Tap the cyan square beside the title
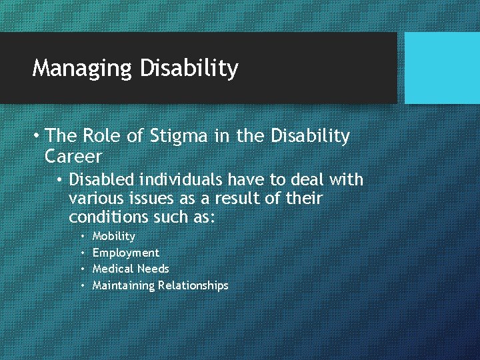click(442, 68)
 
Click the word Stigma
click(182, 137)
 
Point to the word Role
click(103, 137)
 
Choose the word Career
click(73, 157)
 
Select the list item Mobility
click(113, 237)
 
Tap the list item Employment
click(125, 253)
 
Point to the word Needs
click(153, 269)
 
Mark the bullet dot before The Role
click(37, 137)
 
